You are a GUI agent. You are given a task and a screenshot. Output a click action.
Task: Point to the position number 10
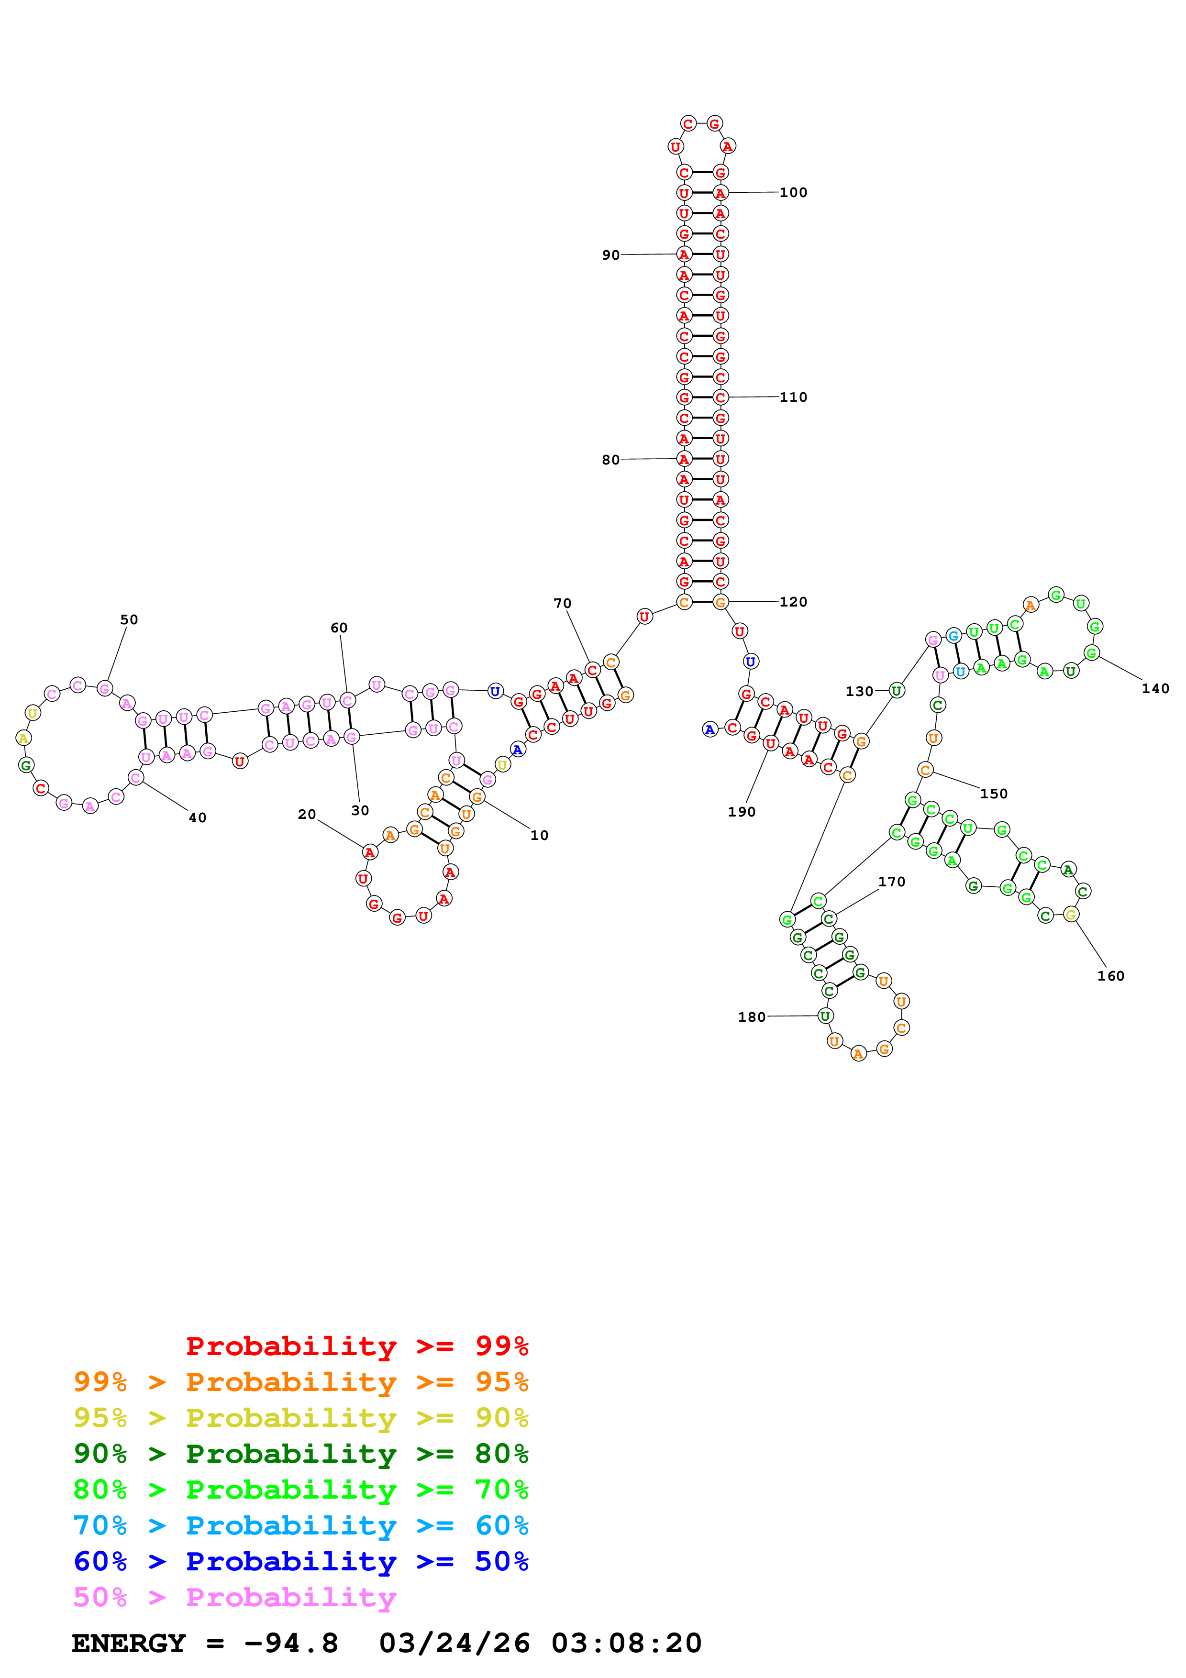point(539,835)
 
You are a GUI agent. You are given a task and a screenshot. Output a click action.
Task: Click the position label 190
point(741,812)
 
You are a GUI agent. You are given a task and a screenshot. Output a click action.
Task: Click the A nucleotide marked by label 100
point(720,193)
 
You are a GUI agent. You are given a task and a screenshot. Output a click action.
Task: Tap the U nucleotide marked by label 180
point(825,1016)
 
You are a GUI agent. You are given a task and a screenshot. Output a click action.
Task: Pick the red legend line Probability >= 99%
point(356,1346)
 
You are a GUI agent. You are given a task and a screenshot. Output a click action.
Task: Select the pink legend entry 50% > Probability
point(234,1597)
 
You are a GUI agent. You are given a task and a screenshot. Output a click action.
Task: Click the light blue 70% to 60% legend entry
point(300,1525)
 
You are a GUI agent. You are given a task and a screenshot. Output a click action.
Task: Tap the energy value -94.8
point(291,1644)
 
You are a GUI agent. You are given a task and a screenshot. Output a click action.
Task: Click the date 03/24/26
point(454,1644)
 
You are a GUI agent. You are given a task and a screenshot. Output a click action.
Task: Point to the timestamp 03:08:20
point(626,1644)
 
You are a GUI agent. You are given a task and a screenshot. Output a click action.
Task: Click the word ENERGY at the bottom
point(129,1644)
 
